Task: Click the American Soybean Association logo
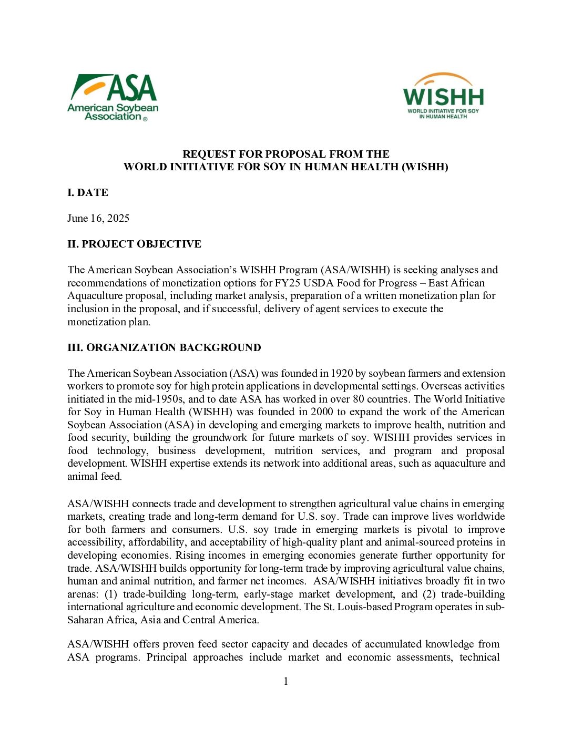click(113, 98)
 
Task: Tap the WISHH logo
click(443, 96)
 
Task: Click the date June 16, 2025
click(98, 218)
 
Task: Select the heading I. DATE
click(88, 192)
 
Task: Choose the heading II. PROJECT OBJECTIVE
click(134, 244)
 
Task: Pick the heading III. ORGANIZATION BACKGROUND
click(164, 347)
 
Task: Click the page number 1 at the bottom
click(286, 681)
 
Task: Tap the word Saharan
click(86, 620)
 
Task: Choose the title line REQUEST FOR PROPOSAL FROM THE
click(286, 154)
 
